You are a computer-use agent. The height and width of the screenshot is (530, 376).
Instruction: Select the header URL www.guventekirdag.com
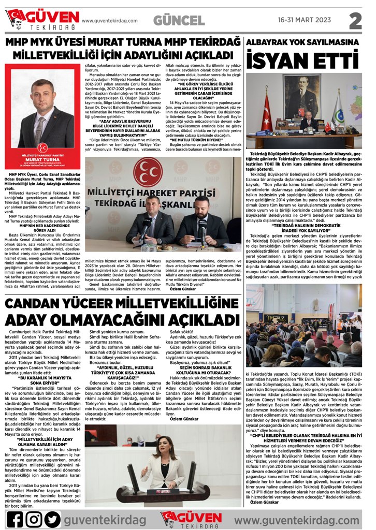tap(110, 21)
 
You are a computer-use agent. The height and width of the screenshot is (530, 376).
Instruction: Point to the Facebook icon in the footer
tap(15, 518)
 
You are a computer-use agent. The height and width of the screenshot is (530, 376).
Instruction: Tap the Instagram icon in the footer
tap(34, 518)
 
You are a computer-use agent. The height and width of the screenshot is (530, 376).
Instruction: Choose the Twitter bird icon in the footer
tap(53, 518)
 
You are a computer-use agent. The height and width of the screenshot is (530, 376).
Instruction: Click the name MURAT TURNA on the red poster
tap(42, 159)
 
